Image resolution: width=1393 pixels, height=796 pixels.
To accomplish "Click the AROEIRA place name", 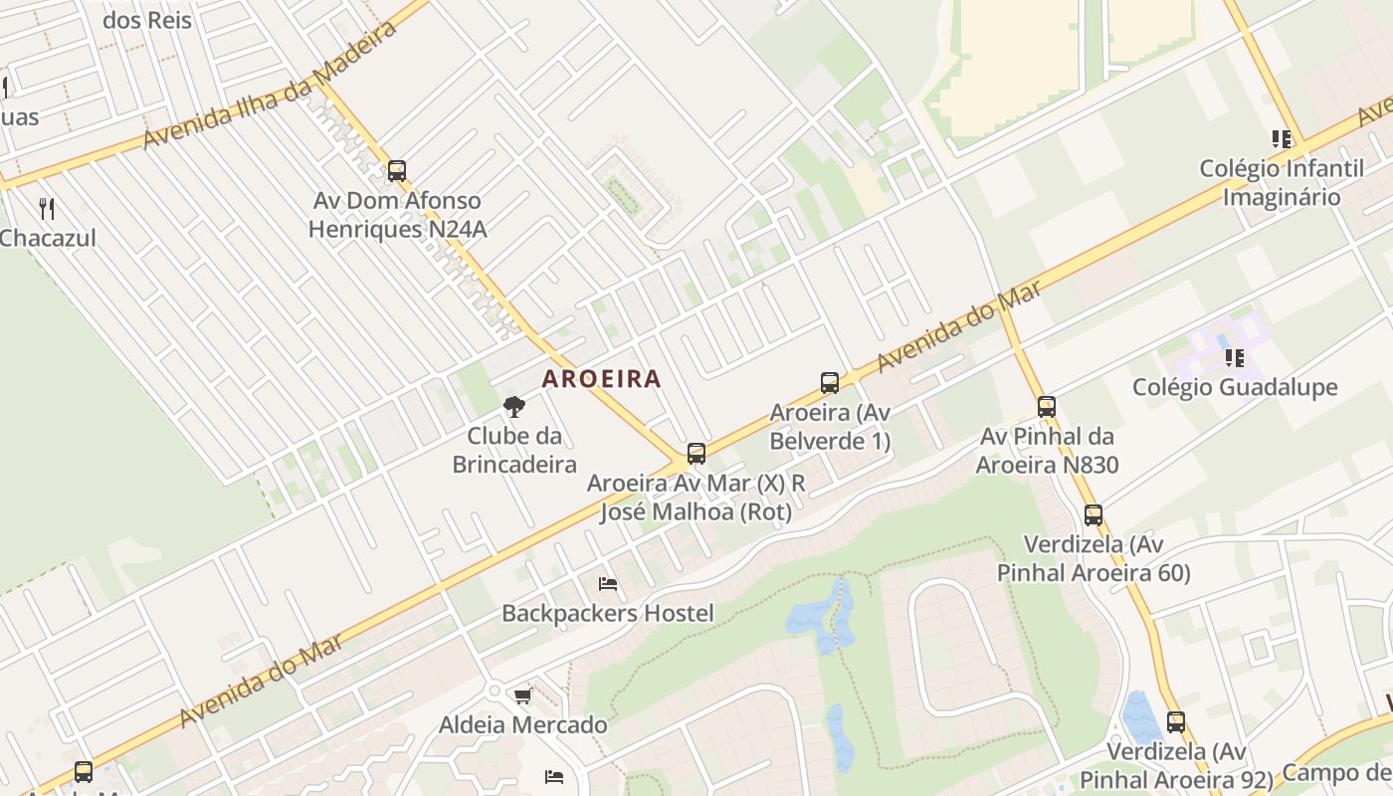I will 601,379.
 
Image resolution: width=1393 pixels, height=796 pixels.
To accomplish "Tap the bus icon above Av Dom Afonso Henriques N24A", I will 397,171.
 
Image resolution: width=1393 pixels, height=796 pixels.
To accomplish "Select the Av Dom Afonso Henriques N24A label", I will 397,215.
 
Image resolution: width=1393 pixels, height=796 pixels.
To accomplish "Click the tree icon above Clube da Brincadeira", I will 513,406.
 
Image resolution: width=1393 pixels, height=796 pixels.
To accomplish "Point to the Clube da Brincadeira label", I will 514,450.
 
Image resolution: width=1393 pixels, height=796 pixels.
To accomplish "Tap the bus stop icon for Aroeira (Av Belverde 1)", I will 829,382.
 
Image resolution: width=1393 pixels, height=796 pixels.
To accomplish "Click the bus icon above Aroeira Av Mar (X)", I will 696,454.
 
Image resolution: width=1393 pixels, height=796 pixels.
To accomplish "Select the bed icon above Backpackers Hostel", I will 607,584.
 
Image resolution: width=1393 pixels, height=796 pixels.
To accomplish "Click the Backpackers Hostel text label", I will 607,613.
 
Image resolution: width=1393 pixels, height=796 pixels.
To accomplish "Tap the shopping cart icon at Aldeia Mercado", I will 522,696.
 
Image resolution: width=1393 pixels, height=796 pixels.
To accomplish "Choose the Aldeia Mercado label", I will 522,725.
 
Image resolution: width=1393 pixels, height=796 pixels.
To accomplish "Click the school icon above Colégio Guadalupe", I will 1235,357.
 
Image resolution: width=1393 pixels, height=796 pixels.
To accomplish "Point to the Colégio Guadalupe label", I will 1235,387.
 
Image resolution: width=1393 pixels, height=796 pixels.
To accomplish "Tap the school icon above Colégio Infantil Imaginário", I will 1282,139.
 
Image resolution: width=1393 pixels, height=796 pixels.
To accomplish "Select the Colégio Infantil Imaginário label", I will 1282,183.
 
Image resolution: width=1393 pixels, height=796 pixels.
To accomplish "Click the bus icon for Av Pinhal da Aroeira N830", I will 1046,406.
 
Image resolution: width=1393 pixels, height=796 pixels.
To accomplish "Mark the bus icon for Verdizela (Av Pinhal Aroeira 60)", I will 1094,515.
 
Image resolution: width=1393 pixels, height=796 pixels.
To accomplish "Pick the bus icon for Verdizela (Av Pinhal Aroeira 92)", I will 1176,722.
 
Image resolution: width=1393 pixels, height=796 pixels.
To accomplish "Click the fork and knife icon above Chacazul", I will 46,209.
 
